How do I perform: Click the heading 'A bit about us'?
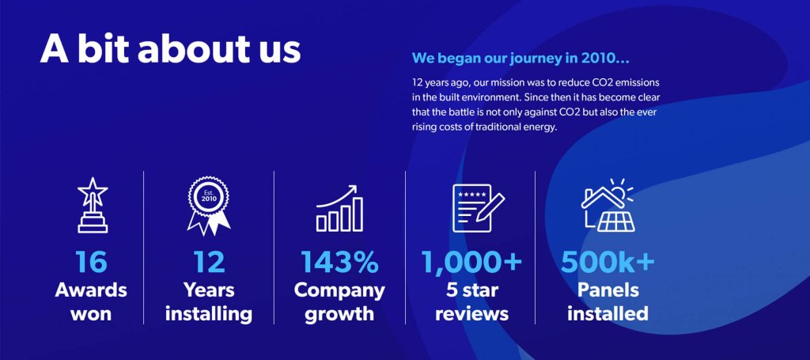[171, 49]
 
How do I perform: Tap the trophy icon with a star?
[92, 206]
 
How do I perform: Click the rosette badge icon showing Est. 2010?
[208, 206]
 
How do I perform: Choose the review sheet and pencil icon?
[476, 208]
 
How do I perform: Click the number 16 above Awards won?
[91, 262]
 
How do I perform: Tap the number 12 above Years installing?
[208, 262]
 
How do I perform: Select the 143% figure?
[339, 262]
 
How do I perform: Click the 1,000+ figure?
[471, 262]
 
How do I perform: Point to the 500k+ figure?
[607, 262]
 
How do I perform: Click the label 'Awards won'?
[91, 301]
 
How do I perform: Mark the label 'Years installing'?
[208, 301]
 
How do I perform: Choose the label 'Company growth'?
[339, 301]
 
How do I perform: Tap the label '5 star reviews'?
[471, 301]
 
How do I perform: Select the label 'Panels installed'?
[607, 301]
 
